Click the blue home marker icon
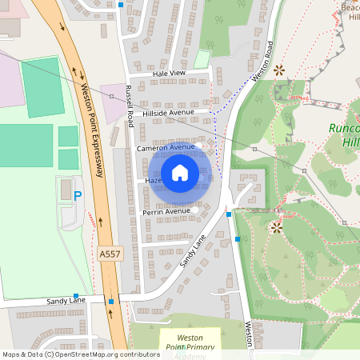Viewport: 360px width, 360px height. click(180, 173)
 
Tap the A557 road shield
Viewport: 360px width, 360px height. click(109, 254)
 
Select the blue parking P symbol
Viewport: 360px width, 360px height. click(78, 195)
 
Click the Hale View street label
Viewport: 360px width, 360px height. click(168, 73)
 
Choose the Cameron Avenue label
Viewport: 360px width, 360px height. click(166, 148)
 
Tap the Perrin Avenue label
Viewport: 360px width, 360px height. click(166, 212)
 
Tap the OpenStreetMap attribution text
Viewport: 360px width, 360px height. click(80, 354)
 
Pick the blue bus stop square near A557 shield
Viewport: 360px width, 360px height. click(111, 302)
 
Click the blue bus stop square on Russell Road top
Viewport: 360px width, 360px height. click(121, 5)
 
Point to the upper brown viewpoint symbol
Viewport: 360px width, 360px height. click(279, 70)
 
